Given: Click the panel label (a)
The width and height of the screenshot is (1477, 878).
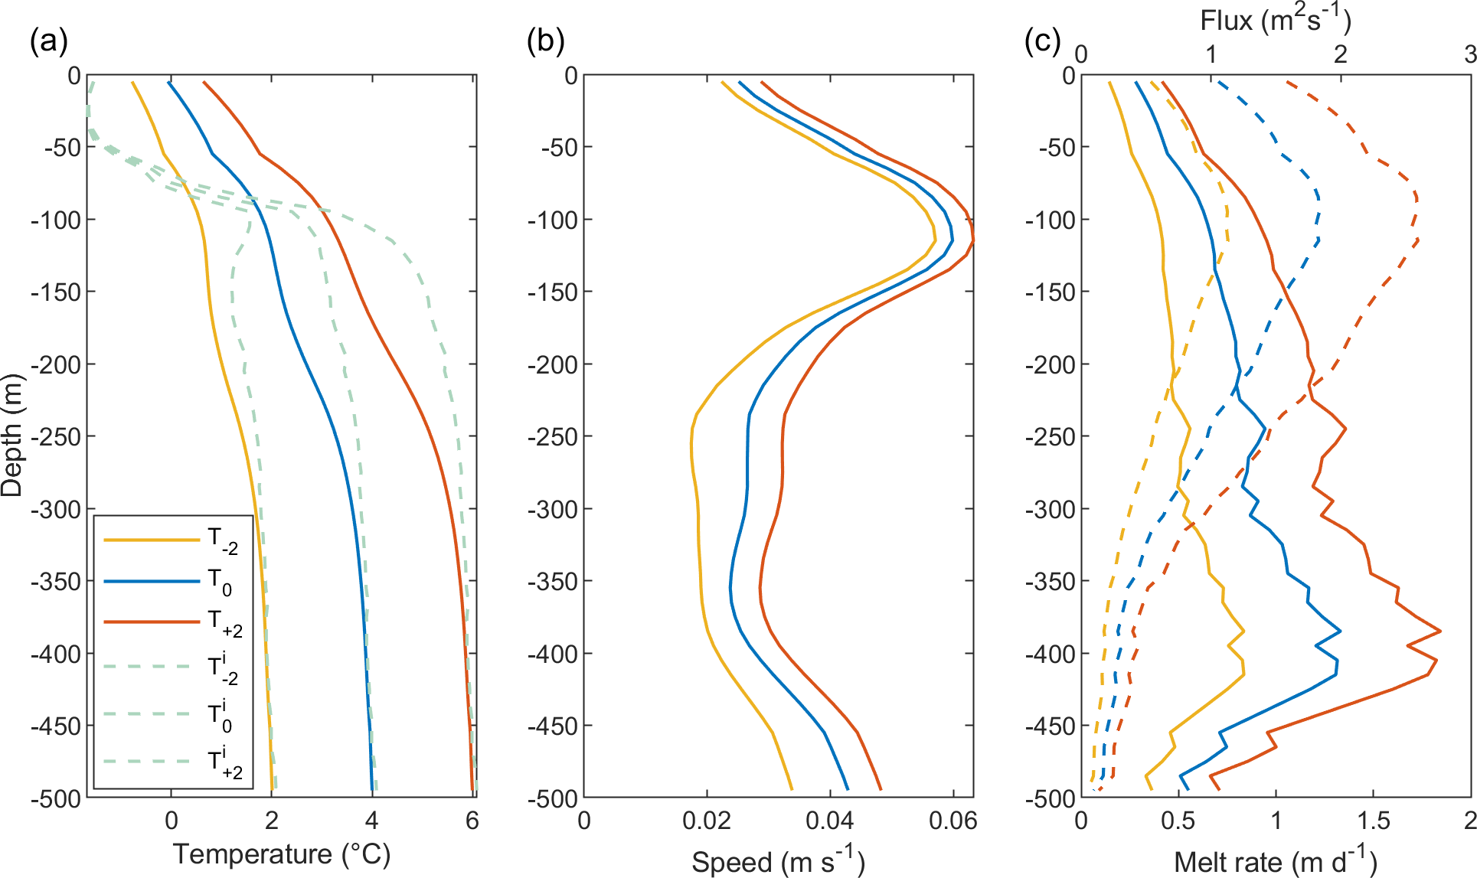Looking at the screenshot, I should click(x=48, y=41).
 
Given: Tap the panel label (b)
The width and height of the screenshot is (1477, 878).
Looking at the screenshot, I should click(x=545, y=41).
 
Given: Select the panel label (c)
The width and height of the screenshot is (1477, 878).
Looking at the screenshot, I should click(x=1042, y=41).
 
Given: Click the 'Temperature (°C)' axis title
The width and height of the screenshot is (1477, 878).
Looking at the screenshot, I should click(x=282, y=854).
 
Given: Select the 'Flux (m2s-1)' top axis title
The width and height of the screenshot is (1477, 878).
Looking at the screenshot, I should click(x=1275, y=20).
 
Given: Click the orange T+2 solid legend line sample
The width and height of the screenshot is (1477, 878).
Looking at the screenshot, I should click(x=151, y=622).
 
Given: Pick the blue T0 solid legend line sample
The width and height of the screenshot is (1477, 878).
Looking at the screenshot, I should click(x=151, y=582).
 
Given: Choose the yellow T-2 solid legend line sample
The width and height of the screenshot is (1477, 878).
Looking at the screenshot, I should click(x=151, y=540).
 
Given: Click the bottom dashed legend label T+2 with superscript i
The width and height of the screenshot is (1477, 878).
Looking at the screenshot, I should click(x=225, y=762).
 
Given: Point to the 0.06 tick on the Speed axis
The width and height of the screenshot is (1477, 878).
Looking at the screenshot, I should click(x=953, y=821).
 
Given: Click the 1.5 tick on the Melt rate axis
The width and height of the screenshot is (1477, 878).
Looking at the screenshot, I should click(x=1373, y=821).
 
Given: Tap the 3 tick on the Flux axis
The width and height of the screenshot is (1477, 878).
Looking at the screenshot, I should click(x=1469, y=54).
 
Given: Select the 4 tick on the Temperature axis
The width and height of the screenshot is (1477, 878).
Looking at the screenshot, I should click(x=371, y=821).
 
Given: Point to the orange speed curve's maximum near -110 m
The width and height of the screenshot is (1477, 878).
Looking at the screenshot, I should click(x=973, y=240).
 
